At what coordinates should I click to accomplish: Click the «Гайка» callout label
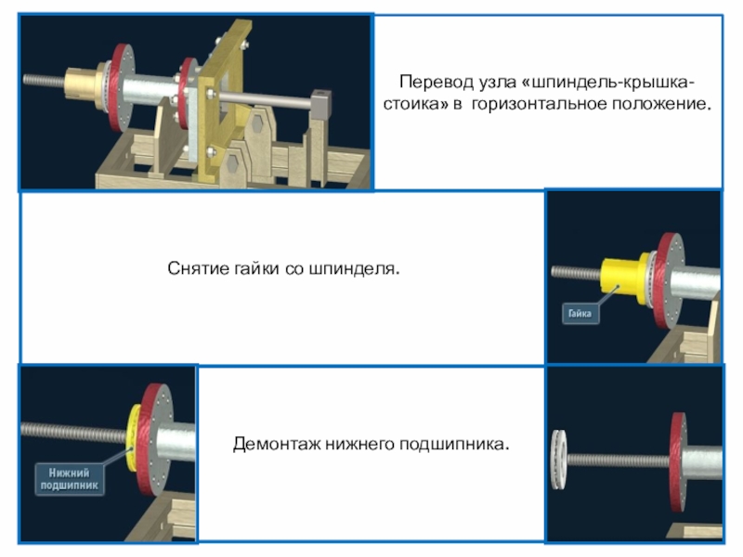click(x=580, y=313)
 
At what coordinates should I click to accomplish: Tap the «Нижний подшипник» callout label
click(x=69, y=479)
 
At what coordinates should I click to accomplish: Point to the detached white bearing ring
click(x=559, y=459)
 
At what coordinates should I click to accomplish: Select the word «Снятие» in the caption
click(x=198, y=268)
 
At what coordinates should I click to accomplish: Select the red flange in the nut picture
click(x=668, y=280)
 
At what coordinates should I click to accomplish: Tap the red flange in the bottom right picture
click(x=678, y=461)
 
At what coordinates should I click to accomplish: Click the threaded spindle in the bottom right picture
click(x=619, y=460)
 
